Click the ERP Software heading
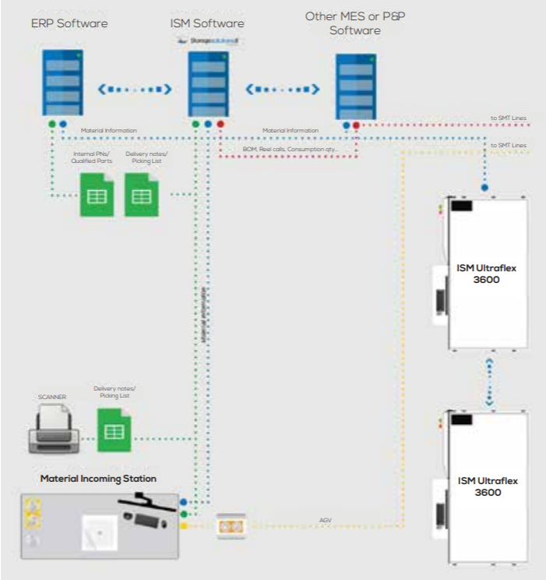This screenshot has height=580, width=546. click(69, 23)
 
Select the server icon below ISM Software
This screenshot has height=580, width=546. click(208, 84)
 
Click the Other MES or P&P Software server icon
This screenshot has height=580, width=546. click(356, 86)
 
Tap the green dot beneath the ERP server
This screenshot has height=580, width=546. click(51, 124)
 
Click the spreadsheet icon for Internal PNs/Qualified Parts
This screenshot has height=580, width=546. click(97, 195)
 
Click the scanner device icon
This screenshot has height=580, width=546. click(52, 430)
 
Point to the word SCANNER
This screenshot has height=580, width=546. click(52, 397)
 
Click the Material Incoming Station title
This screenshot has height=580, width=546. click(98, 478)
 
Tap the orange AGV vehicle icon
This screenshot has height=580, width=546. click(231, 526)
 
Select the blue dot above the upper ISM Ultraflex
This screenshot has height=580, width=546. click(484, 187)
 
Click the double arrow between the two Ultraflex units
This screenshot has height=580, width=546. click(489, 381)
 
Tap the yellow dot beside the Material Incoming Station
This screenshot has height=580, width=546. click(183, 526)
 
